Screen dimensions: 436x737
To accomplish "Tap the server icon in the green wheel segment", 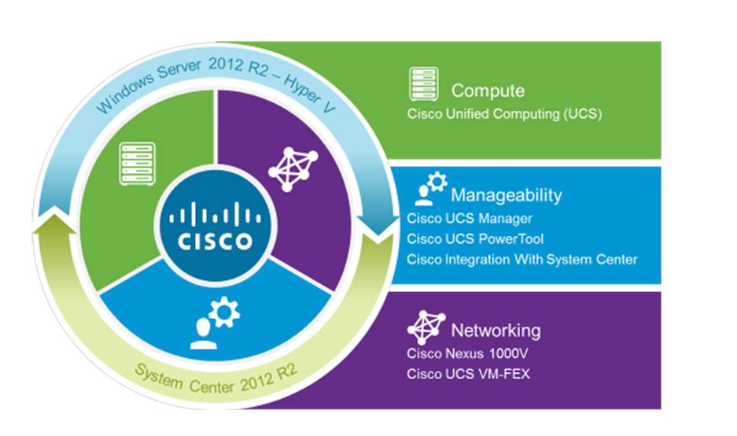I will point(135,163).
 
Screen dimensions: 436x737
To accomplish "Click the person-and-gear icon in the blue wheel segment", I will point(213,324).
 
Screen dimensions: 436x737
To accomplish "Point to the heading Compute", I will point(488,91).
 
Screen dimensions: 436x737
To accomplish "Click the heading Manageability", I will point(506,194).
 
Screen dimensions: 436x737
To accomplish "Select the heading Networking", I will point(495,329).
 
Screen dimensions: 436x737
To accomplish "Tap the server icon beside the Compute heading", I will point(423,84).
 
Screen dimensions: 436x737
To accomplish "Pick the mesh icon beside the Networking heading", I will point(425,326).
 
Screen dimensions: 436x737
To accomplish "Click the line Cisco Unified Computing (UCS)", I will point(504,114).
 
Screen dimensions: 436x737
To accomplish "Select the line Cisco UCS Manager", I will point(470,218).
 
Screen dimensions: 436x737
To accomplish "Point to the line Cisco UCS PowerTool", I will point(475,238).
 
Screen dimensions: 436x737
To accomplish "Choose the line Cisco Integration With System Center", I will point(522,259).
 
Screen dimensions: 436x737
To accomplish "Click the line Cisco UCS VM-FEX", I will point(468,374).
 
